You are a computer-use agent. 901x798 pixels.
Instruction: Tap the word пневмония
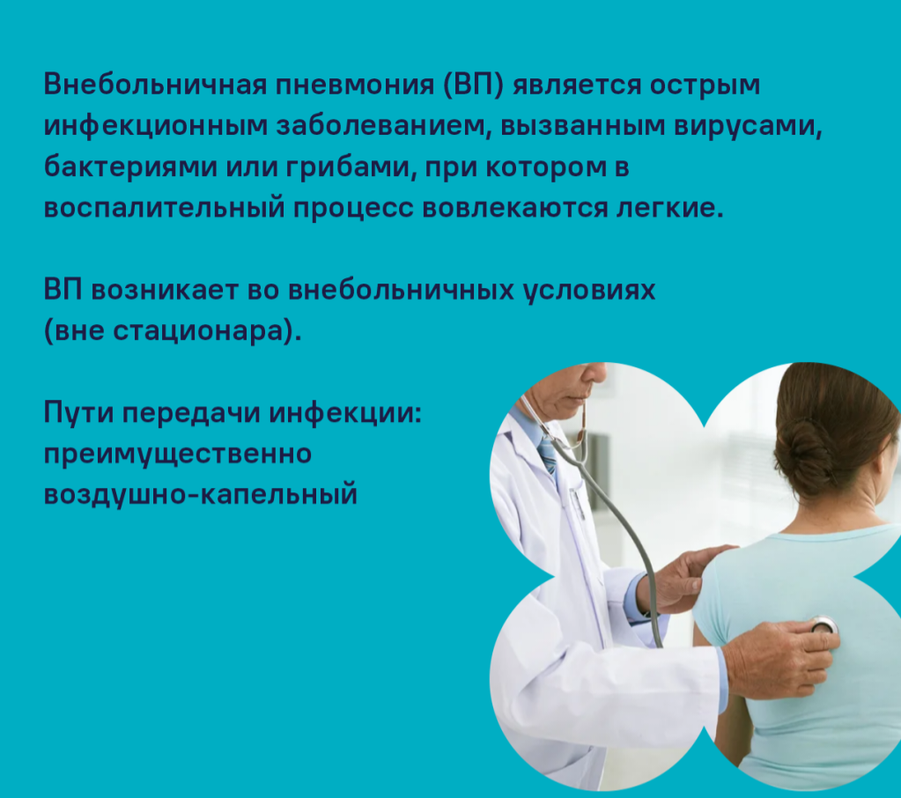pyautogui.click(x=355, y=85)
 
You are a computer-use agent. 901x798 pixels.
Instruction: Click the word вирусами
pyautogui.click(x=748, y=126)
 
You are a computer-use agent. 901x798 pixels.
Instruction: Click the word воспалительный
pyautogui.click(x=165, y=207)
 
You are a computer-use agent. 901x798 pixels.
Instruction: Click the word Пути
pyautogui.click(x=78, y=413)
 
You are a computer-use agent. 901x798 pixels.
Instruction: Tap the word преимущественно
pyautogui.click(x=178, y=454)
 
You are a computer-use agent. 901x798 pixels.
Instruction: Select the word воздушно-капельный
pyautogui.click(x=201, y=495)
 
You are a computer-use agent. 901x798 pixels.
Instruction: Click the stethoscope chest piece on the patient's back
pyautogui.click(x=823, y=625)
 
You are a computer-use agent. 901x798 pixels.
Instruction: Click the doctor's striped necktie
pyautogui.click(x=548, y=454)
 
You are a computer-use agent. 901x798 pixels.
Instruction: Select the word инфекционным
pyautogui.click(x=156, y=126)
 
